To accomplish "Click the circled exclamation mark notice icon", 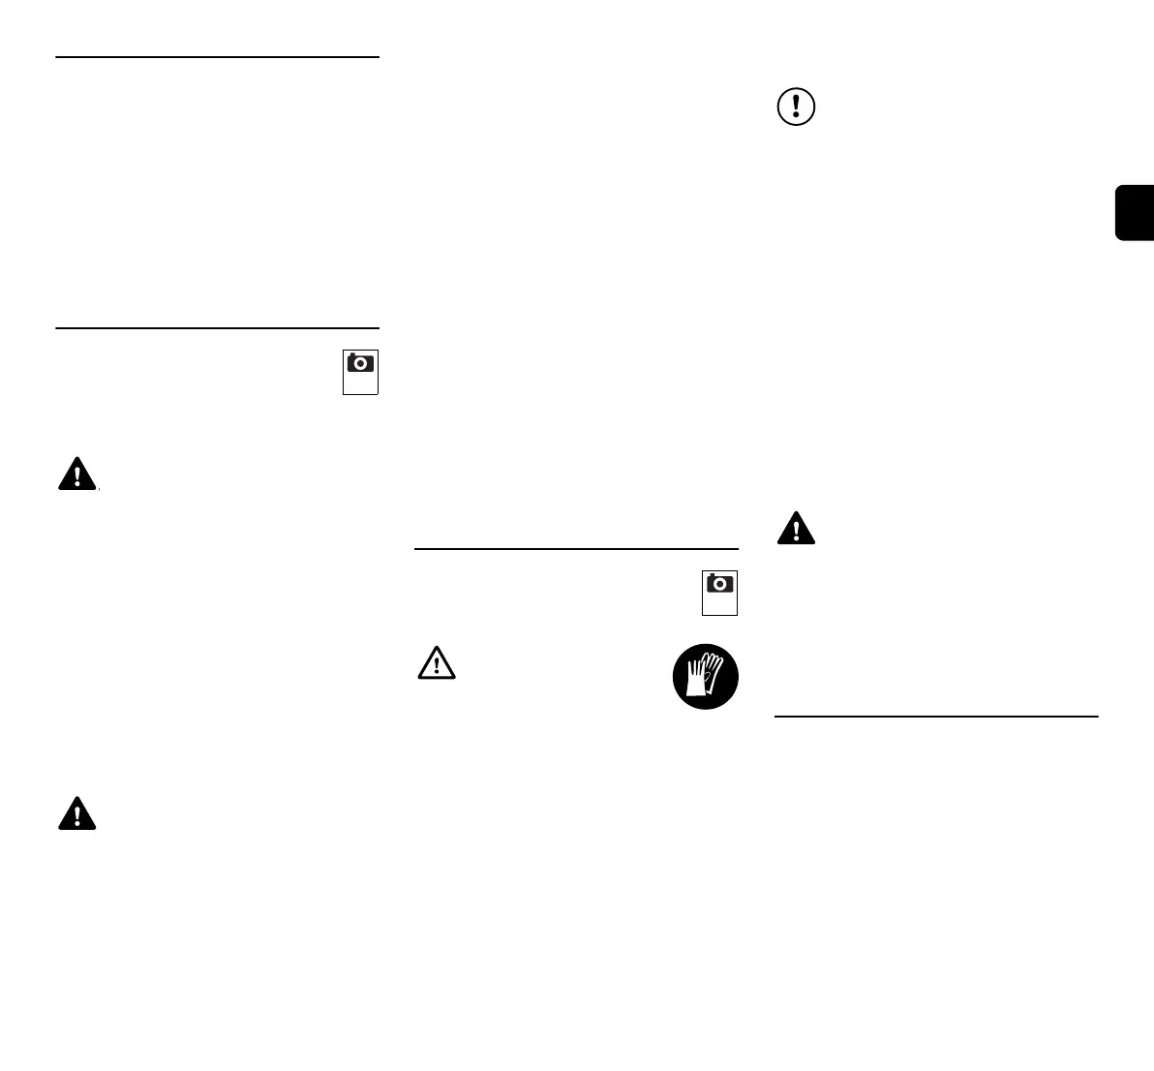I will coord(796,107).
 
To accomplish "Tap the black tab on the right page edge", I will coord(1135,212).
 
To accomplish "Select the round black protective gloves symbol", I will coord(706,676).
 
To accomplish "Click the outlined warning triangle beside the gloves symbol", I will coord(437,661).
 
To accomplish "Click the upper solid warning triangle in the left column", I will coord(76,474).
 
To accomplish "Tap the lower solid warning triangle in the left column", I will coord(77,814).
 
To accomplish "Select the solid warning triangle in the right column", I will coord(796,529).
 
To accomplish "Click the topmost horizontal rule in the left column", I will coord(217,57).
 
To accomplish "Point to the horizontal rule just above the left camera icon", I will coord(217,328).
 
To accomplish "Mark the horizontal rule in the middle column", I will coord(576,549).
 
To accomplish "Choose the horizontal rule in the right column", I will coord(936,717).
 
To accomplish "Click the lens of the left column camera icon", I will coord(361,364).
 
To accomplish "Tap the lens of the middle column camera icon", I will coord(720,585).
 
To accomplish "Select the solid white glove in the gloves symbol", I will coord(696,679).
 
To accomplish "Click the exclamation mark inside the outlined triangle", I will coord(437,664).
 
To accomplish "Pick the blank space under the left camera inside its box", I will coord(360,383).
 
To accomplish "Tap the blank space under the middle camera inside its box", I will coord(719,604).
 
